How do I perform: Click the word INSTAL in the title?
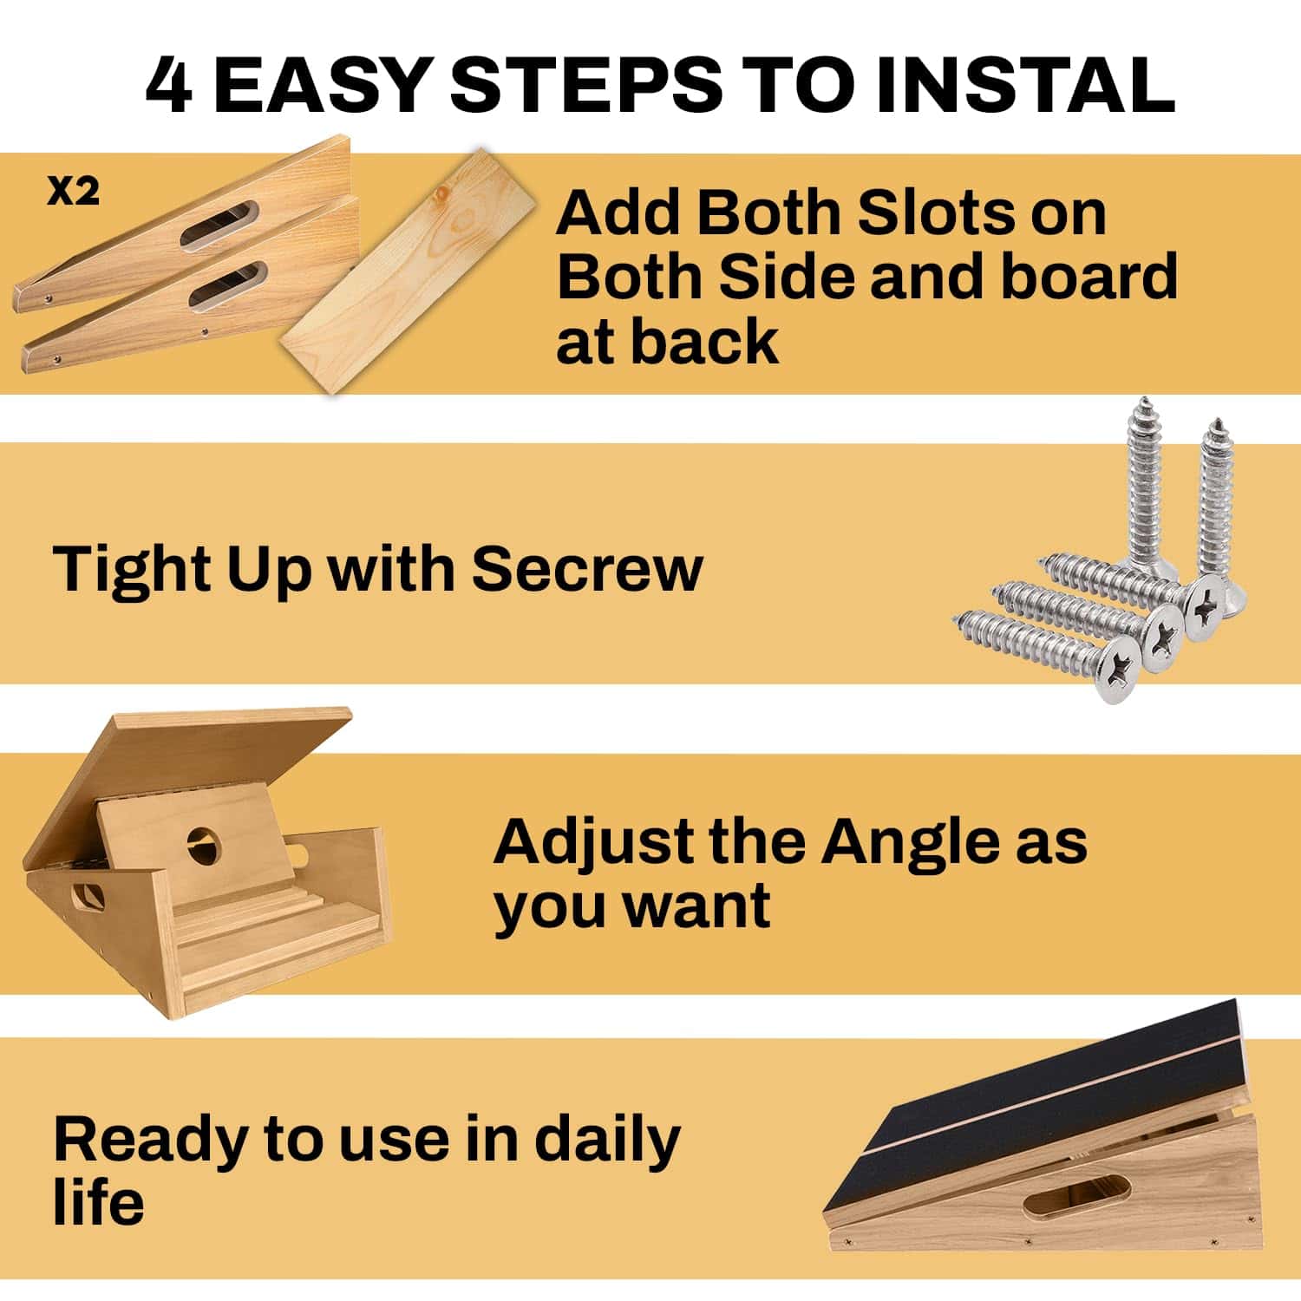pos(1025,85)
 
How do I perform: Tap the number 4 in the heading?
pos(168,85)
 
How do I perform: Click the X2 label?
pos(73,192)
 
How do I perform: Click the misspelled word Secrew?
pos(587,569)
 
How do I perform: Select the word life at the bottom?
pos(98,1202)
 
